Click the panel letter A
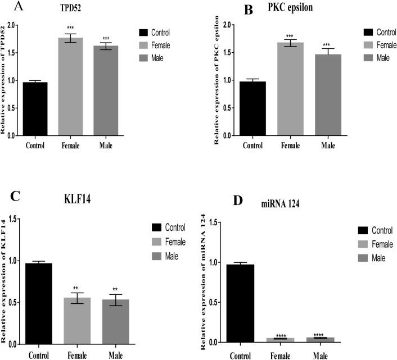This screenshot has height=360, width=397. (6, 6)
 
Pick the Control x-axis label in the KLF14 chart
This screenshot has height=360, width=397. (38, 354)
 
